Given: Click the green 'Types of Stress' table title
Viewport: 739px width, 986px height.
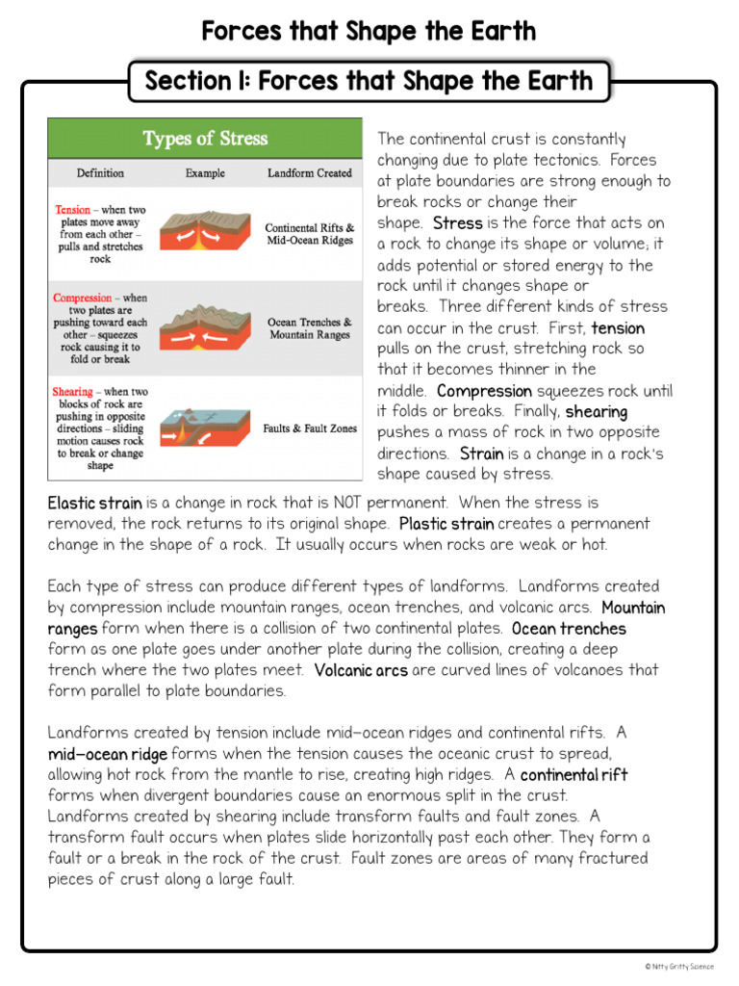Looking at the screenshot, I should tap(205, 139).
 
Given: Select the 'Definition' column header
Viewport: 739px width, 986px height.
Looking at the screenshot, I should tap(101, 173).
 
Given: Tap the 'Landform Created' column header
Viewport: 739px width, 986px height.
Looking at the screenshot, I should tap(309, 173).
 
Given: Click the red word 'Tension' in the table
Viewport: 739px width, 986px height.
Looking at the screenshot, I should tap(73, 209).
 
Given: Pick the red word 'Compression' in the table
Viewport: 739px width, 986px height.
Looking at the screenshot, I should tap(83, 298).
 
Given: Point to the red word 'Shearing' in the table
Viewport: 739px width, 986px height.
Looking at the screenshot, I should tap(73, 392).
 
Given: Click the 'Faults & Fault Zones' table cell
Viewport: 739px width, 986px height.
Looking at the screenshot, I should tap(310, 428).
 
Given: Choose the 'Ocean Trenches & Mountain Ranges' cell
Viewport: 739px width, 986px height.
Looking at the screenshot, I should tap(310, 328).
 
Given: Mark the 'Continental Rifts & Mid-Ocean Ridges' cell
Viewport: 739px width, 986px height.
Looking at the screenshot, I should tap(310, 234).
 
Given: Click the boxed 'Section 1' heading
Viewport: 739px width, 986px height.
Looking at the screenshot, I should tap(369, 81).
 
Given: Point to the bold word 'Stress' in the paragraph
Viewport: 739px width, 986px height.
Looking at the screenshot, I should tap(458, 223).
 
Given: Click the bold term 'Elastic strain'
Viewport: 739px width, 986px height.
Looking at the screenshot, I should tap(95, 503).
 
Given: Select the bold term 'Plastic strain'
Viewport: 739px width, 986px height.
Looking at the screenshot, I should tap(446, 524).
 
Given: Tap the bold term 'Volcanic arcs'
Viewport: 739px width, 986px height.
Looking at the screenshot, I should tap(362, 670).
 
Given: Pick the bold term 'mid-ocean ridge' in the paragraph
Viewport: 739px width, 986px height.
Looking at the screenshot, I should tap(108, 754).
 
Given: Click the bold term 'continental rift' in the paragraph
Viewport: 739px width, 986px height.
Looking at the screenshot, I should tap(573, 775).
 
